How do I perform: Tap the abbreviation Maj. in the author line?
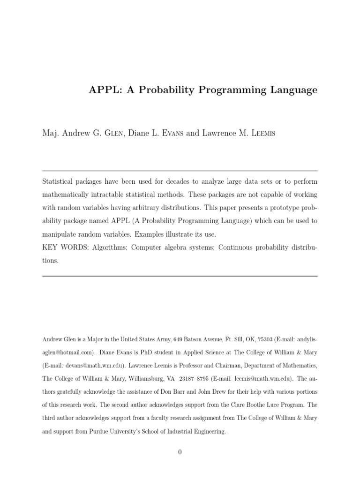(50, 134)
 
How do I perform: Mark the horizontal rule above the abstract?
(180, 171)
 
